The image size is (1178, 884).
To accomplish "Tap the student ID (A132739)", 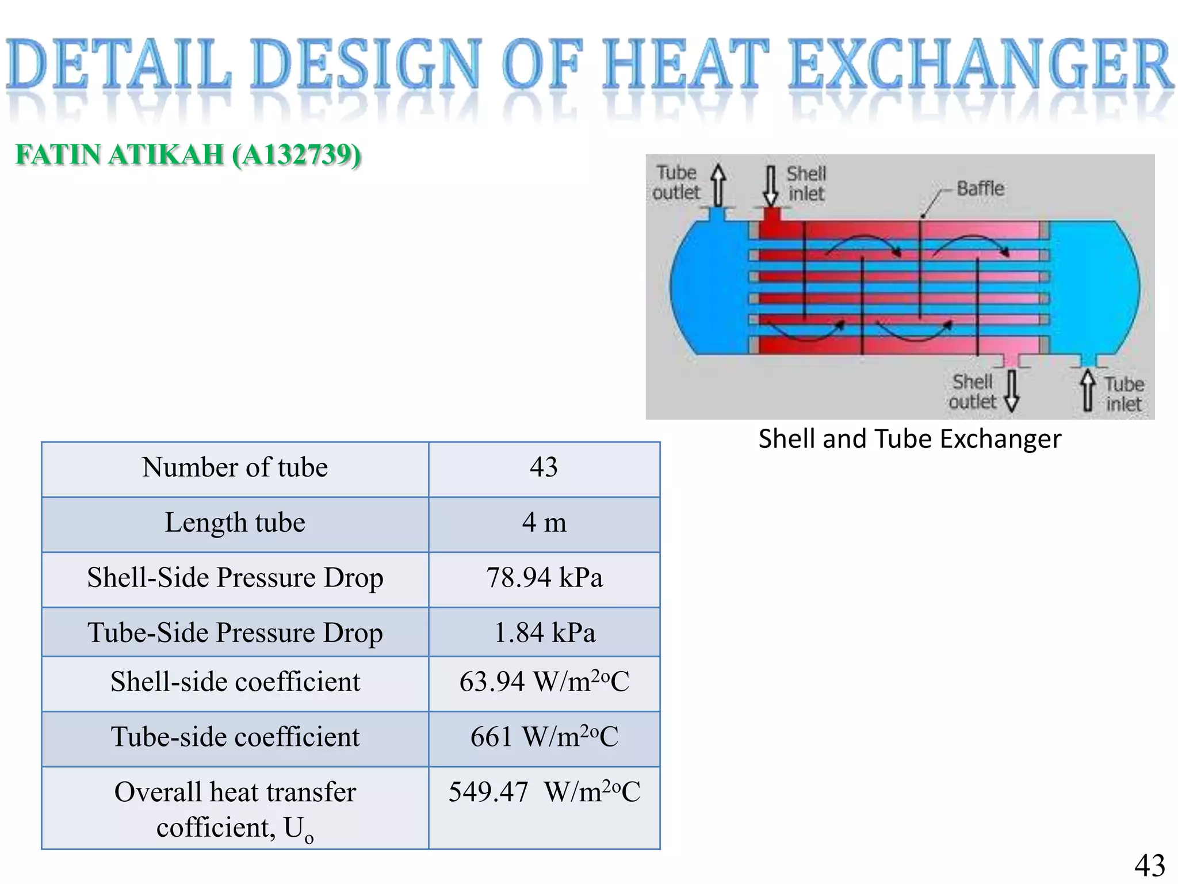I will coord(297,155).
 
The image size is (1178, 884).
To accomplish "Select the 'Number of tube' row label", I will coord(235,467).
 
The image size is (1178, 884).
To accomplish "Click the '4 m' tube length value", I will coord(544,523).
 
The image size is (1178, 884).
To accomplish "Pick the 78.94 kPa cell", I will coord(544,578).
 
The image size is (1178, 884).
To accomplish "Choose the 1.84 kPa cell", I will coord(544,632).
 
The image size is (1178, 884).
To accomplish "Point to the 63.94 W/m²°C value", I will coord(544,682).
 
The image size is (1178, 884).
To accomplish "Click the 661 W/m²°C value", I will coord(544,737).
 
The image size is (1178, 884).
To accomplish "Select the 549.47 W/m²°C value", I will coord(544,792).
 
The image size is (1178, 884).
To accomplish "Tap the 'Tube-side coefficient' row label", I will coord(235,737).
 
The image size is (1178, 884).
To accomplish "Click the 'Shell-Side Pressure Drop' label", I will coord(235,578).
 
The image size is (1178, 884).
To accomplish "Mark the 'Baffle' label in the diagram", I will coord(980,189).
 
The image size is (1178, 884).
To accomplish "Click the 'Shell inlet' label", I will coord(806,184).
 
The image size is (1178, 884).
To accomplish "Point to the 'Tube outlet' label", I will coord(676,182).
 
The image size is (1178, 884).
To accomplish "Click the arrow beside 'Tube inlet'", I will coord(1087,390).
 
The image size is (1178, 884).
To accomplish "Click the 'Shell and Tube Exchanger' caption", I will coord(909,439).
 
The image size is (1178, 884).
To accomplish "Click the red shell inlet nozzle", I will coord(771,216).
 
